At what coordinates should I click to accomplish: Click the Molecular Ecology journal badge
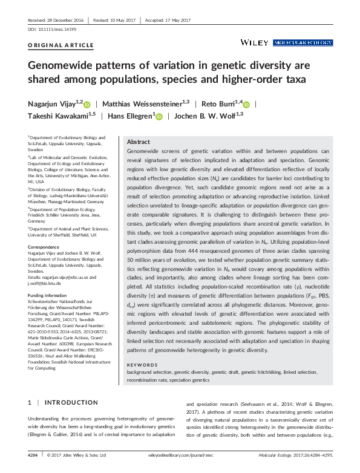[x=303, y=43]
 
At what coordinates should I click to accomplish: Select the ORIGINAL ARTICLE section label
[x=53, y=47]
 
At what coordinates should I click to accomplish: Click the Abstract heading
[x=139, y=141]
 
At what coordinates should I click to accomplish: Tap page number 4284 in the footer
[x=36, y=455]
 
